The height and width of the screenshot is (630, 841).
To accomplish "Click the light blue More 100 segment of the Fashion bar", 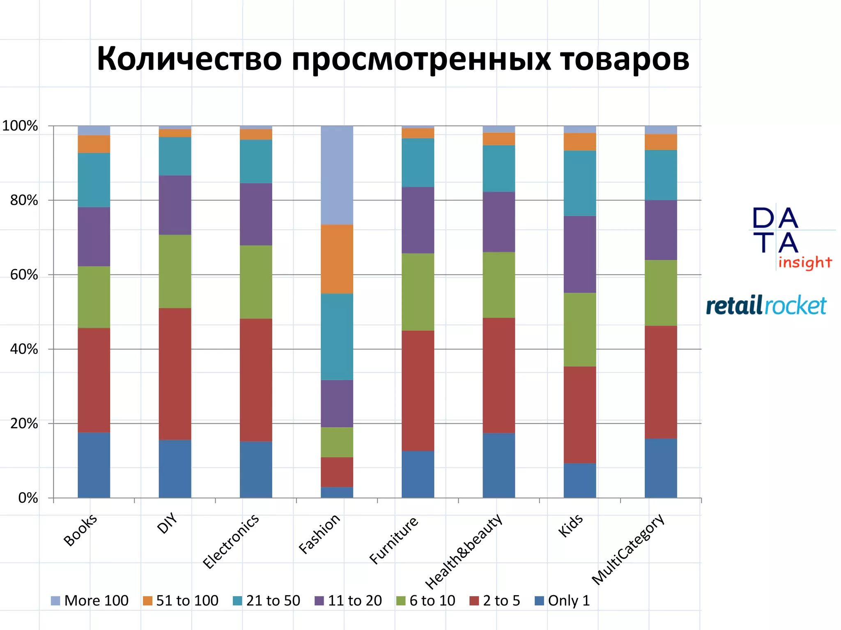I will click(337, 175).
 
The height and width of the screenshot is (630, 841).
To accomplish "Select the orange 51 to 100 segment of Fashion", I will click(337, 259).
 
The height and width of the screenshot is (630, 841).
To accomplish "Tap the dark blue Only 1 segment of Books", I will click(94, 465).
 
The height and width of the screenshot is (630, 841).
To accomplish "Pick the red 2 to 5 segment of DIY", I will click(175, 374).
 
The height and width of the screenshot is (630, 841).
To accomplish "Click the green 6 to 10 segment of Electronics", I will click(256, 282).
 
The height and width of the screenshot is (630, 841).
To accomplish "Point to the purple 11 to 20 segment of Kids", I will click(579, 254).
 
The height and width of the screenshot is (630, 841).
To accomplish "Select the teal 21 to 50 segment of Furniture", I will click(418, 162).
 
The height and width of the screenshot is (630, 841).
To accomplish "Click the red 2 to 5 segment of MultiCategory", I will click(660, 382).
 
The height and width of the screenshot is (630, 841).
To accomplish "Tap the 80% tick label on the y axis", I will click(24, 201).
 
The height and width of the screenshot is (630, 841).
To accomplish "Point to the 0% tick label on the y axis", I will click(28, 498).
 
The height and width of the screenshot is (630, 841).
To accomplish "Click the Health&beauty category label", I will click(464, 551).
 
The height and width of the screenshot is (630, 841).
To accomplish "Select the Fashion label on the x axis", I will click(319, 534).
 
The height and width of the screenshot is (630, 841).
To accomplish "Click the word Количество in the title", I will click(189, 59).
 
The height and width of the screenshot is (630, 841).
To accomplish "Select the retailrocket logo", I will click(766, 306).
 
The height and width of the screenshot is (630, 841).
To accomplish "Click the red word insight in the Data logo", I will click(804, 262).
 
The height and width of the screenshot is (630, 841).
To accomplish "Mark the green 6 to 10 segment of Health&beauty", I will click(499, 285).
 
